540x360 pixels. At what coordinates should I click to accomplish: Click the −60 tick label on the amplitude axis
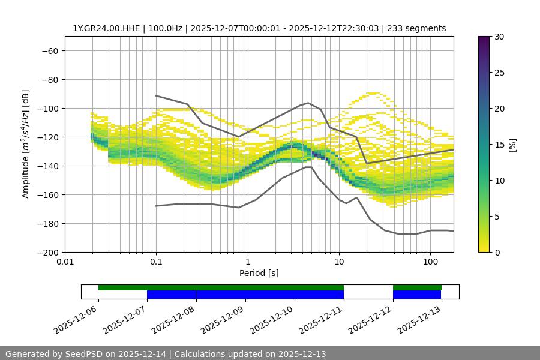tap(49, 50)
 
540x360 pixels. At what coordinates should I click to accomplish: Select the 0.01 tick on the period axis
tap(65, 262)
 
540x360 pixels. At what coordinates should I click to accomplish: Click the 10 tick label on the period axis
tap(339, 262)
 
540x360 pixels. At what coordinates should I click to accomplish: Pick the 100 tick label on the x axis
tap(430, 262)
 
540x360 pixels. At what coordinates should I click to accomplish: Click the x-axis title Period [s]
tap(259, 273)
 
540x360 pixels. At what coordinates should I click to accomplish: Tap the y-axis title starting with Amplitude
tap(26, 144)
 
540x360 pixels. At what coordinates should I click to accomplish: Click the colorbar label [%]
tap(512, 144)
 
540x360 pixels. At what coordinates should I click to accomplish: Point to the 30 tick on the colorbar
tap(499, 37)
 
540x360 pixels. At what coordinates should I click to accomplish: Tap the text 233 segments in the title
tap(416, 28)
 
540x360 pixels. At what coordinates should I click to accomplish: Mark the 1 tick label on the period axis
tap(248, 262)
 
